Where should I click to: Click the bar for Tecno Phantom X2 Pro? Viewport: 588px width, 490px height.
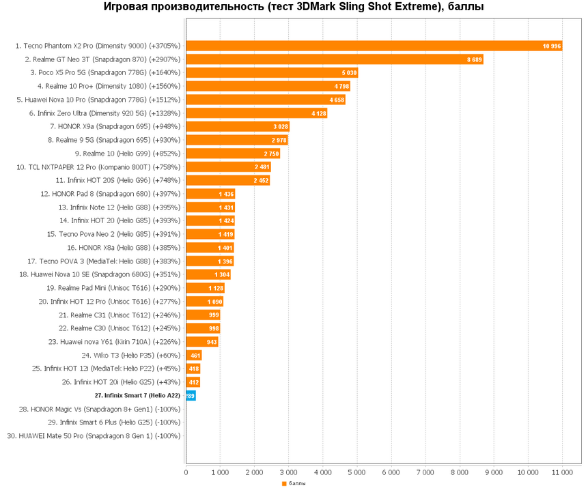[373, 46]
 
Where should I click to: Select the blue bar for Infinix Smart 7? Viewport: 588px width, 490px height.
[191, 396]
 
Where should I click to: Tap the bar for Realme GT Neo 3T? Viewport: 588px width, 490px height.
[334, 59]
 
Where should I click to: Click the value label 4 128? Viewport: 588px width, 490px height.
[318, 113]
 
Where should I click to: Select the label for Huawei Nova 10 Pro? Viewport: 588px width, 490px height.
[98, 100]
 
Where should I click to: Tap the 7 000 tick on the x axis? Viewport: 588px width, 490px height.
[425, 472]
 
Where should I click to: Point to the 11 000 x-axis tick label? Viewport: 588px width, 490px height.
[562, 472]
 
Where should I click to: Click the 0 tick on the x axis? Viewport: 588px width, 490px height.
[186, 472]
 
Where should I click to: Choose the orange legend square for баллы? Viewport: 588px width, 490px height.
[284, 484]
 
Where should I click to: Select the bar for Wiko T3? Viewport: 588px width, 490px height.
[193, 356]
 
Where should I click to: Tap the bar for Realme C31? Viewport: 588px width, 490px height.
[202, 315]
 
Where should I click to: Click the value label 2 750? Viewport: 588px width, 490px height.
[271, 154]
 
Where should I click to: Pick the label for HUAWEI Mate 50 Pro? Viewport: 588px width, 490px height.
[94, 436]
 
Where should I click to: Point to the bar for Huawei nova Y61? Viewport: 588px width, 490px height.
[201, 342]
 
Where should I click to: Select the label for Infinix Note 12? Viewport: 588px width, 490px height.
[120, 207]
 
